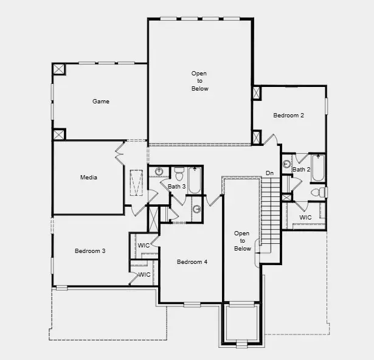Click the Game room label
(101, 102)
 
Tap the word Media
(89, 178)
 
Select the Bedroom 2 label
(288, 116)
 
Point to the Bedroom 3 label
(90, 251)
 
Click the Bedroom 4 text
(192, 262)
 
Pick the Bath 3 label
(176, 187)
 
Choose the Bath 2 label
(301, 170)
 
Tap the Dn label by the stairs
(269, 174)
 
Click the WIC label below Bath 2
(305, 217)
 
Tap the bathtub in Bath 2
(318, 168)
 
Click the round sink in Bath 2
(286, 164)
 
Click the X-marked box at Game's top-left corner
(59, 69)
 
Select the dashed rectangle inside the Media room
(137, 182)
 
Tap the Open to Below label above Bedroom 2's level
(199, 81)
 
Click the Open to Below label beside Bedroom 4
(242, 241)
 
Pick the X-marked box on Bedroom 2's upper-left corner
(257, 93)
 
